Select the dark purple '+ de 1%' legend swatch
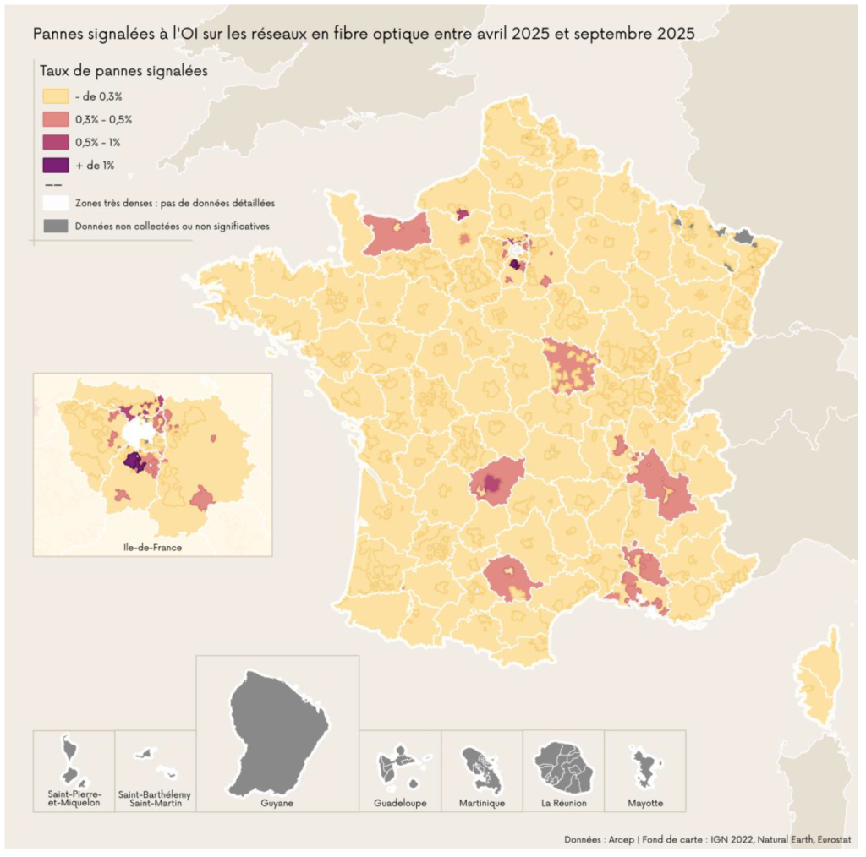click(54, 164)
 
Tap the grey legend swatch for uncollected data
click(54, 226)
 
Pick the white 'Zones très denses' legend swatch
click(54, 203)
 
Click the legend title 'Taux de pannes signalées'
click(123, 72)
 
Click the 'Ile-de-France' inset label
click(152, 547)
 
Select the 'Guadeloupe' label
click(400, 803)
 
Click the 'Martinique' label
click(482, 803)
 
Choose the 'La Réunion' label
click(564, 803)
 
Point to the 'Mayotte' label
click(645, 803)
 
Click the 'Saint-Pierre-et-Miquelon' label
click(74, 799)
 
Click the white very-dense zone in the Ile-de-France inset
click(139, 432)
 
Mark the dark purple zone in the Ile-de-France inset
click(134, 461)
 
